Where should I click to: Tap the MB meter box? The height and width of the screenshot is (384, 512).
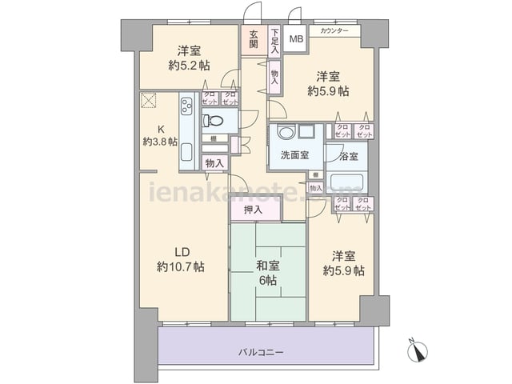[296, 38]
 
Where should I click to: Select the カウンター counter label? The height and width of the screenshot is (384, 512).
[334, 31]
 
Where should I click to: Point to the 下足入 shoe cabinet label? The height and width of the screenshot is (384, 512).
[274, 41]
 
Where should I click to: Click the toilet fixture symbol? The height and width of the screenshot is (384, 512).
[213, 121]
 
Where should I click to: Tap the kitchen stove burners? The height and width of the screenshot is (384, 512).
[186, 107]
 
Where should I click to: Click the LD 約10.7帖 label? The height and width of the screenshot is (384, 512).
[181, 258]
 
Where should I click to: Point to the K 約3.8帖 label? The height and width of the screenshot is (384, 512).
[159, 134]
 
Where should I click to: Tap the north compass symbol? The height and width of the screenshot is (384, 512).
[418, 350]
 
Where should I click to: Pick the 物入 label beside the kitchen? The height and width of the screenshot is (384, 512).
[214, 163]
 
